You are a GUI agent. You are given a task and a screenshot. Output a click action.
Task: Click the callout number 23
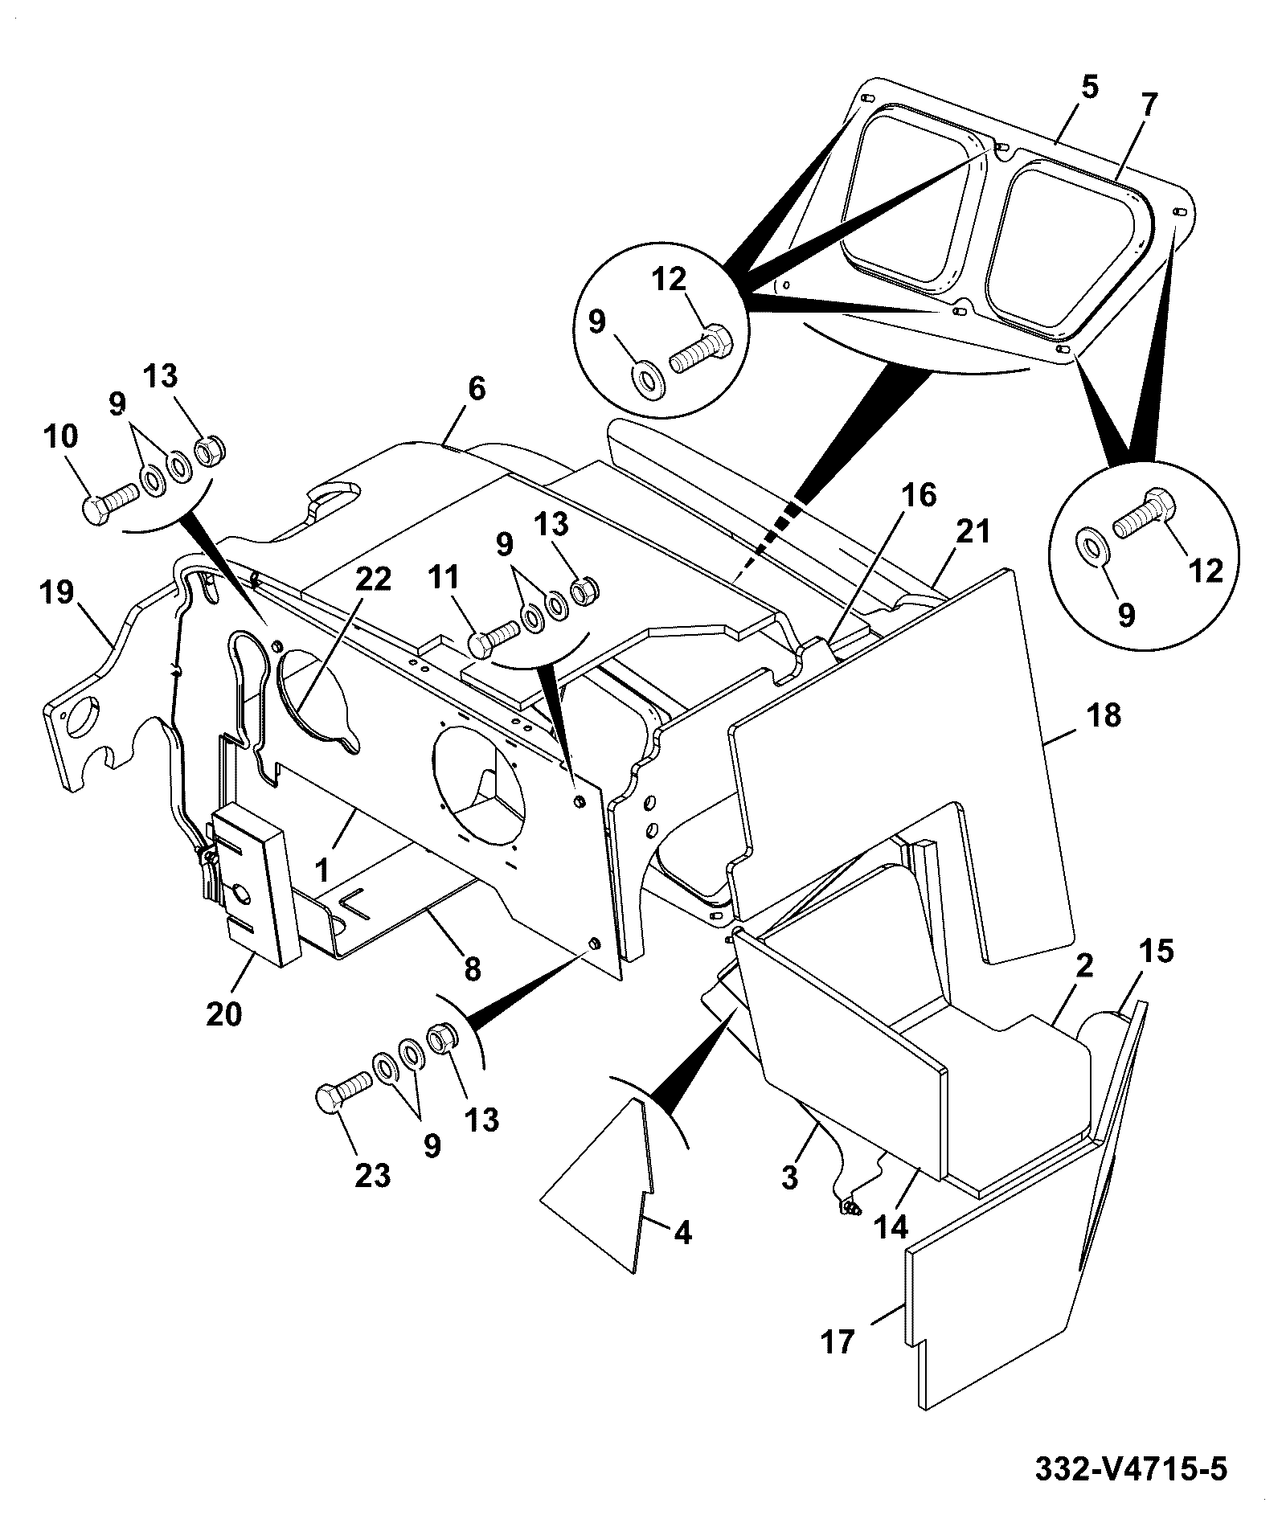pyautogui.click(x=374, y=1176)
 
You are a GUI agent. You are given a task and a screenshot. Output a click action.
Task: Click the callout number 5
pyautogui.click(x=1089, y=86)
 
